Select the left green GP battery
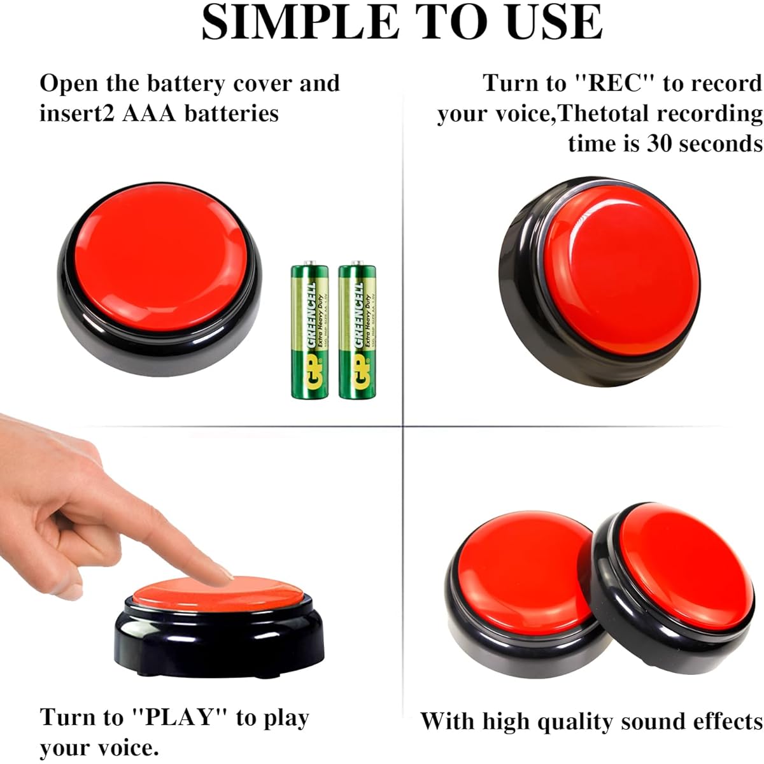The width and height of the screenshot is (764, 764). (310, 331)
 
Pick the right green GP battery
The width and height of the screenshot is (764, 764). (357, 331)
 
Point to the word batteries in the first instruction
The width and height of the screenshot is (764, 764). (232, 113)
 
